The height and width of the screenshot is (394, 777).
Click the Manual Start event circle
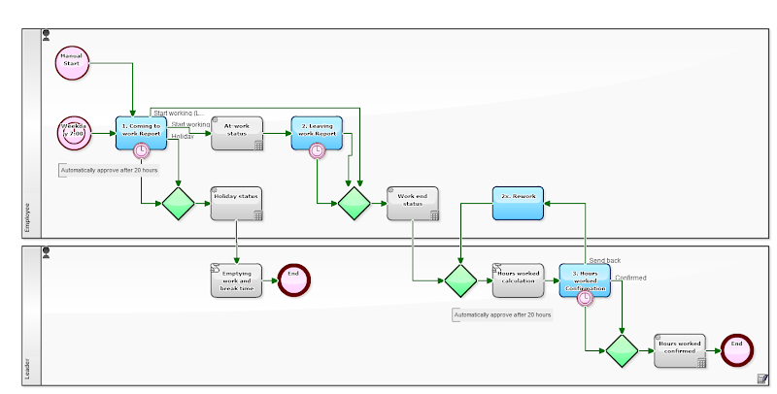(72, 62)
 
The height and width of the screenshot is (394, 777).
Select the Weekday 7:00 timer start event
(74, 133)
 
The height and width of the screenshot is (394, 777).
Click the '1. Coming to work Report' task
(141, 133)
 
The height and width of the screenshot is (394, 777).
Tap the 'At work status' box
(236, 133)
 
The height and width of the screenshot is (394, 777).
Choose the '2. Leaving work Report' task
(317, 133)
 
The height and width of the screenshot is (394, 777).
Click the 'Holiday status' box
(236, 203)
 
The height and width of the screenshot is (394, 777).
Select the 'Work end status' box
(412, 203)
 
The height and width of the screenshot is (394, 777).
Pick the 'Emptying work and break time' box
(236, 279)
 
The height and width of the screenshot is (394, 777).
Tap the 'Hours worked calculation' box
(518, 279)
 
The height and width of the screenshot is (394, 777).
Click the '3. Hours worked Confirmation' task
(585, 279)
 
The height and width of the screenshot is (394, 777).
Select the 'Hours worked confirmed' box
(679, 350)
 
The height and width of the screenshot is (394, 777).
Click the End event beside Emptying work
(293, 279)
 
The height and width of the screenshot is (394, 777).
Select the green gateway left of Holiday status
(179, 204)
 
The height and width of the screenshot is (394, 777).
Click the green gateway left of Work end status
(354, 204)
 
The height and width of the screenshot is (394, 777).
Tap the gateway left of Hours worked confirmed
(622, 350)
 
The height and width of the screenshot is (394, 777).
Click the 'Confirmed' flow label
(630, 278)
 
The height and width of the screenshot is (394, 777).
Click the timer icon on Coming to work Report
(142, 150)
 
